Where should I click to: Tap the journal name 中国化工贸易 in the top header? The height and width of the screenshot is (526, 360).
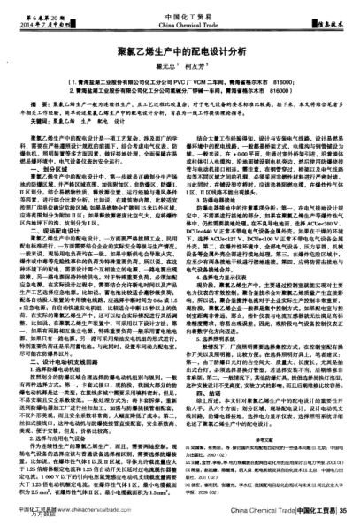tap(180, 10)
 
